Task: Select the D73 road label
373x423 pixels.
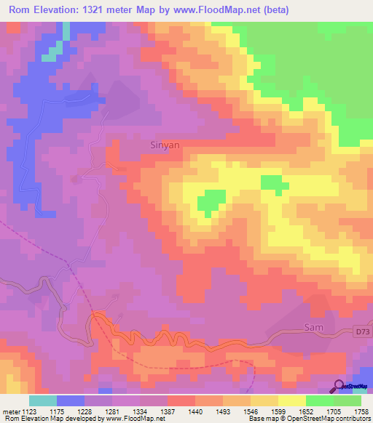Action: [x=362, y=332]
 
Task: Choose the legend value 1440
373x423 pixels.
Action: [x=195, y=411]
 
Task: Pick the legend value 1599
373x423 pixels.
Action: [x=278, y=411]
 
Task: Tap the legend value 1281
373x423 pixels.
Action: [x=111, y=411]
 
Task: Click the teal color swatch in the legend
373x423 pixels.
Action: [x=42, y=400]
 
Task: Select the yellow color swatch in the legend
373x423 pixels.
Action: [x=291, y=400]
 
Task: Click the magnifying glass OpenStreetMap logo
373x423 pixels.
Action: [x=339, y=387]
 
